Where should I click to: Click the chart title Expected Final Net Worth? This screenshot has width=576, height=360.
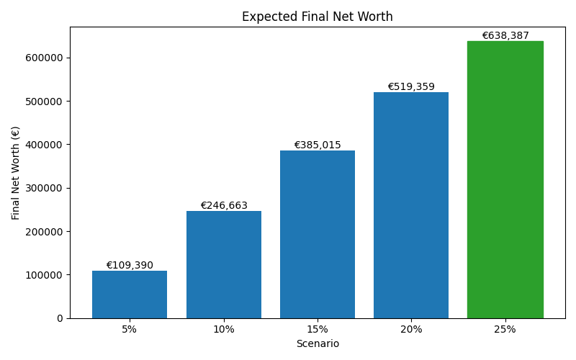point(317,17)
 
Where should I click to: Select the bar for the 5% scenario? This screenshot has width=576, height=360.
point(130,294)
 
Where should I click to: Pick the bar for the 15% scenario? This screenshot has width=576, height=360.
point(318,234)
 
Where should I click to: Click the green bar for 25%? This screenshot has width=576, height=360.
point(505,179)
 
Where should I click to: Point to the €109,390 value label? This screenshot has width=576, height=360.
point(130,265)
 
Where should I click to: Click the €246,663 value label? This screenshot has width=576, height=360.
point(223,205)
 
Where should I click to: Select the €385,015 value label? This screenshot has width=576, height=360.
point(318,145)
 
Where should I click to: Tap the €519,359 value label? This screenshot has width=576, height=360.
point(411,86)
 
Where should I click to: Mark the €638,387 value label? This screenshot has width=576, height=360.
point(505,35)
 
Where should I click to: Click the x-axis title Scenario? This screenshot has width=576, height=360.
point(318,343)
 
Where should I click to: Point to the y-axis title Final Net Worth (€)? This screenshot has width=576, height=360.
point(16,173)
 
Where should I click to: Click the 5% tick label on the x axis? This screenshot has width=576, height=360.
point(130,329)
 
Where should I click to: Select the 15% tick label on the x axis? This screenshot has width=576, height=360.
point(318,329)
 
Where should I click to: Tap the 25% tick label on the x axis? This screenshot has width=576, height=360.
point(505,329)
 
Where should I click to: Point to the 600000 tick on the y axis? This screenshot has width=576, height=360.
point(44,58)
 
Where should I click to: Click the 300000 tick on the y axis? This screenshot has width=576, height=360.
point(44,188)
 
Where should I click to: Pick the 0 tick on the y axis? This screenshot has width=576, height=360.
point(60,318)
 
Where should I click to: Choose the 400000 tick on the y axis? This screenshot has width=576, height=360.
point(44,144)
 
